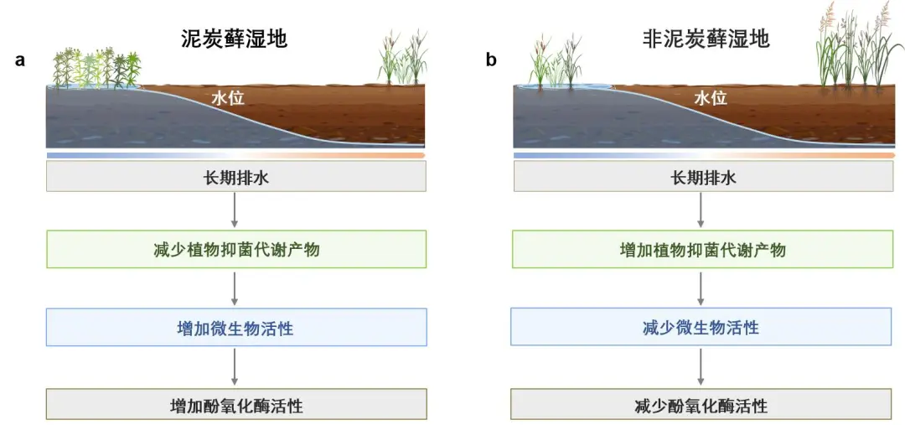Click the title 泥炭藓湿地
click(x=234, y=39)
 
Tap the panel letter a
click(x=19, y=60)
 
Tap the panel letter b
click(x=491, y=60)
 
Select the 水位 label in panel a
click(x=227, y=99)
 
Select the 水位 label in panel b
click(x=710, y=99)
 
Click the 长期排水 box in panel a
click(x=235, y=177)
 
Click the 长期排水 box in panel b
click(x=702, y=177)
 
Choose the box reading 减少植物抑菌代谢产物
click(x=235, y=250)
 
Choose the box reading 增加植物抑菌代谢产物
click(x=702, y=250)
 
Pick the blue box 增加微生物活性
click(x=235, y=328)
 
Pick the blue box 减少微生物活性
click(x=701, y=328)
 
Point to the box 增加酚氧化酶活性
click(x=235, y=407)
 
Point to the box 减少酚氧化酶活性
click(x=701, y=407)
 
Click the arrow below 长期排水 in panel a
click(x=235, y=210)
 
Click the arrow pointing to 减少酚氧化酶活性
click(x=701, y=366)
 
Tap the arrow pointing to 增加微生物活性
click(x=235, y=288)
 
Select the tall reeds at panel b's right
click(x=858, y=47)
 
